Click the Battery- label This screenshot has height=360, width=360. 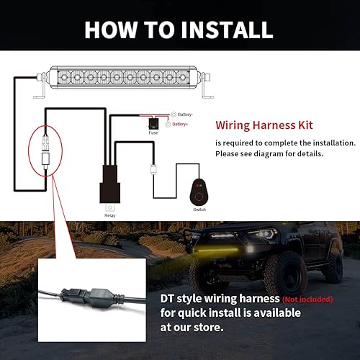(x=184, y=114)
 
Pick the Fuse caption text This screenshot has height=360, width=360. (x=153, y=132)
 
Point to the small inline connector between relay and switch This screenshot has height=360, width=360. (x=153, y=171)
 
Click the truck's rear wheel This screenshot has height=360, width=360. (x=333, y=266)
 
